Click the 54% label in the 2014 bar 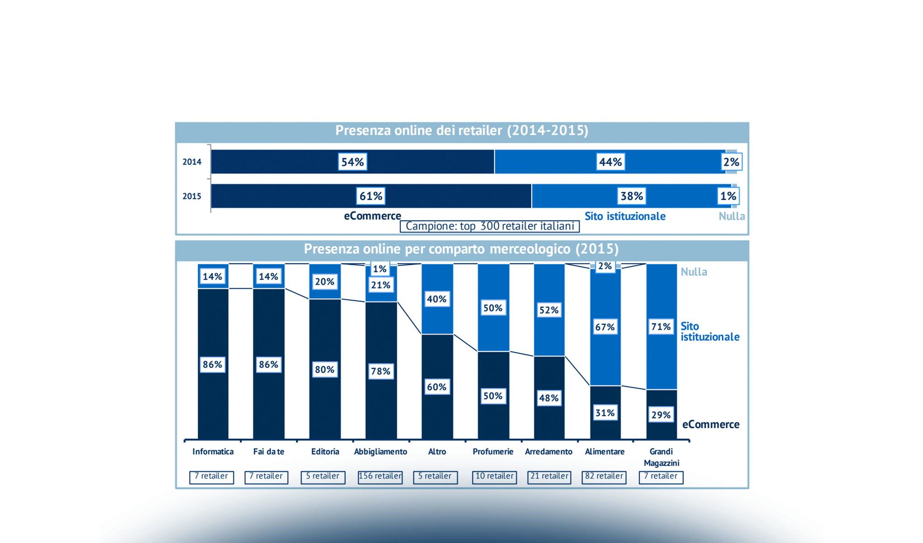point(352,162)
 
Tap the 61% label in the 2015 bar point(371,196)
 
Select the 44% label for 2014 point(610,162)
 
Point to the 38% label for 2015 point(631,196)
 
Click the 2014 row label point(192,162)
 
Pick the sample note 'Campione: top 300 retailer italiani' point(490,226)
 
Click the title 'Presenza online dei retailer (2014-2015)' point(461,131)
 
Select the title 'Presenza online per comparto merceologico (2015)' point(461,249)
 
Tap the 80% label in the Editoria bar point(324,370)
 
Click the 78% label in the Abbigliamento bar point(381,372)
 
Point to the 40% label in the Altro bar point(437,299)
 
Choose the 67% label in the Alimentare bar point(605,327)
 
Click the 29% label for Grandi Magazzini point(661,415)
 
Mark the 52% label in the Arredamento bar point(549,310)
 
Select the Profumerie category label point(493,452)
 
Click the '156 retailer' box point(380,476)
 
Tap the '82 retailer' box point(604,476)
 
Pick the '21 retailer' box point(549,476)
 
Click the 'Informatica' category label point(213,452)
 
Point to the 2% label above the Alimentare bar point(605,266)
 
